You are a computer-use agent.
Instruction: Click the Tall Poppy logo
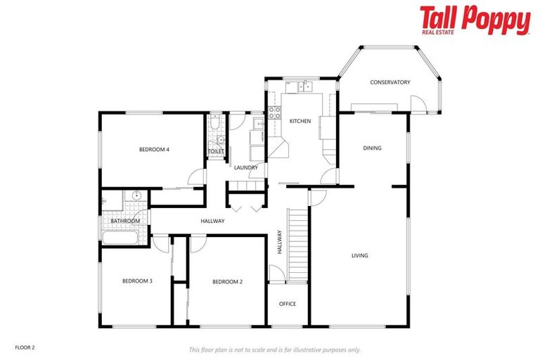(475, 20)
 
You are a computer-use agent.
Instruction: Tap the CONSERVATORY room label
(390, 82)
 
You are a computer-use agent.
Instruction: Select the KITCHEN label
(300, 122)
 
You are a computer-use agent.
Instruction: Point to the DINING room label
(372, 148)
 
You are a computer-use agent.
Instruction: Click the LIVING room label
(359, 255)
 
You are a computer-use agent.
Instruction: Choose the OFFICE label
(288, 304)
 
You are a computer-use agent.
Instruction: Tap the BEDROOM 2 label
(227, 282)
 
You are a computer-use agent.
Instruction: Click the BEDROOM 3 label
(137, 281)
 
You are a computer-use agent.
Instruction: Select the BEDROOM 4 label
(154, 149)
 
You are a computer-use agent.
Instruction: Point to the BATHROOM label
(125, 221)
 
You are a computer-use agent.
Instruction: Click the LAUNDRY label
(245, 167)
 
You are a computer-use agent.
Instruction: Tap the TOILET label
(215, 151)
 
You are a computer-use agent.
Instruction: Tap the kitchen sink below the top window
(303, 87)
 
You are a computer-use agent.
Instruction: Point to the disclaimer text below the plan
(274, 349)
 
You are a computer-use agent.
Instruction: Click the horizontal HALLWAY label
(212, 221)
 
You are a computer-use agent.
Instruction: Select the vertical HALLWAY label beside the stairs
(279, 242)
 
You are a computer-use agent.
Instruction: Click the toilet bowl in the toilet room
(219, 139)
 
